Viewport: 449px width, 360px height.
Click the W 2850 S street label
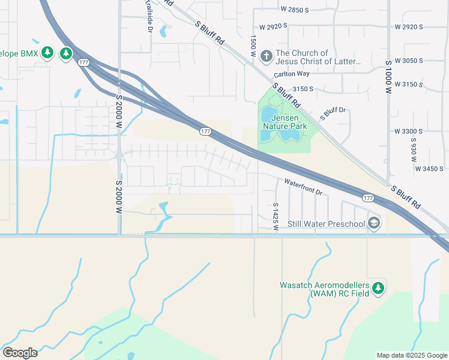pyautogui.click(x=294, y=10)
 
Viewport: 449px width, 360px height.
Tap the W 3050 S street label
pyautogui.click(x=409, y=61)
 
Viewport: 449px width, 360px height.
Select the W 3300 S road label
pyautogui.click(x=409, y=131)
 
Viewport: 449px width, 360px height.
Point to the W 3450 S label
pyautogui.click(x=429, y=169)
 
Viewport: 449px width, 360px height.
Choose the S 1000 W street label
pyautogui.click(x=389, y=76)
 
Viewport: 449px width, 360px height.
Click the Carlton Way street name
pyautogui.click(x=291, y=74)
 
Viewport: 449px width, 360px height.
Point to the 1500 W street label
pyautogui.click(x=253, y=46)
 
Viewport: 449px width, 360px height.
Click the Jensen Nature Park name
pyautogui.click(x=285, y=122)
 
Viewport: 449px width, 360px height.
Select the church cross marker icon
pyautogui.click(x=267, y=56)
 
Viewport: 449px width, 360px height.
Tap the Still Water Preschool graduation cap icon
pyautogui.click(x=374, y=224)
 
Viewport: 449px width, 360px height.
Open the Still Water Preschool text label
pyautogui.click(x=326, y=224)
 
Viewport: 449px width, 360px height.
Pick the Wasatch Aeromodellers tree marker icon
pyautogui.click(x=378, y=289)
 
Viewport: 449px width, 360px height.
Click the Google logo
pyautogui.click(x=20, y=353)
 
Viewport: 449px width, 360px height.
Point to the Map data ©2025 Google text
pyautogui.click(x=411, y=355)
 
